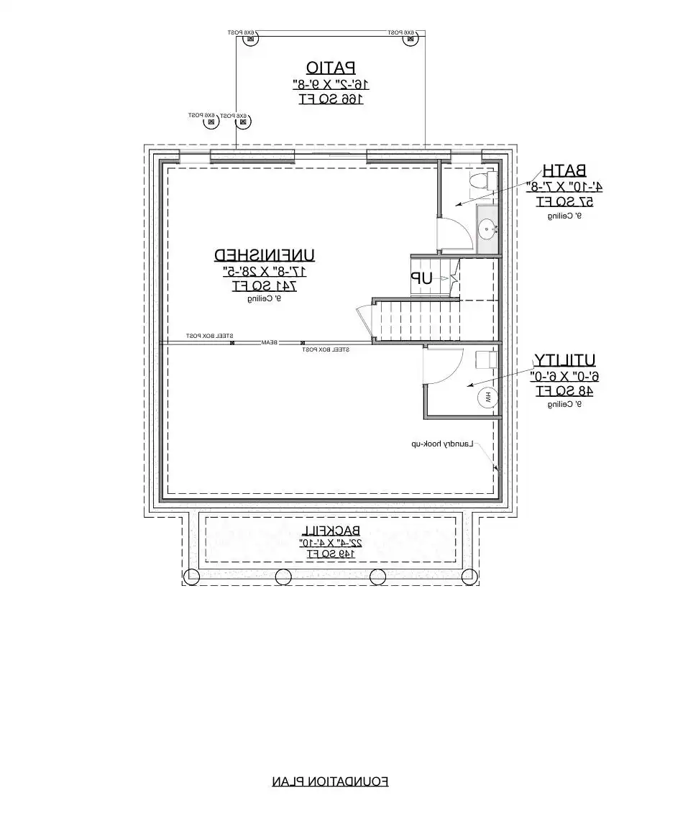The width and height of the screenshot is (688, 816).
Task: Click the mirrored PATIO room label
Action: tap(331, 68)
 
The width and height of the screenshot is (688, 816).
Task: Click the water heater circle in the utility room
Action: tap(486, 396)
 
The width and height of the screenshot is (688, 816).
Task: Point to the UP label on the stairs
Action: tap(421, 278)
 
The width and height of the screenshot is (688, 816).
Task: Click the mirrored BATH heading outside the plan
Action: tap(564, 170)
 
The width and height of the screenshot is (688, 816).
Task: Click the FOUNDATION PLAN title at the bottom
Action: tap(330, 781)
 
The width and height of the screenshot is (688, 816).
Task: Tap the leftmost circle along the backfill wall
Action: tap(192, 576)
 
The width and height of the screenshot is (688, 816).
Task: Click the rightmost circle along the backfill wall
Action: tap(469, 576)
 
